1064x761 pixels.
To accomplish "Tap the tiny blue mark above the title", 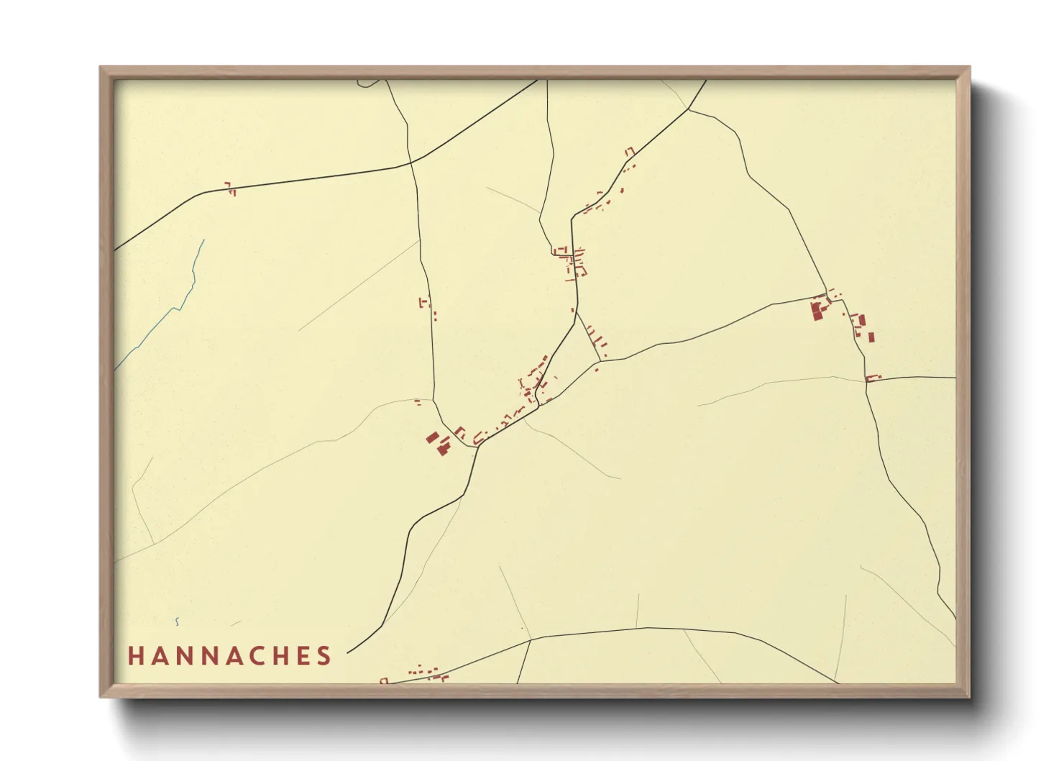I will click(177, 621).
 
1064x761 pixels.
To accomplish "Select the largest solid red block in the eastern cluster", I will click(817, 311).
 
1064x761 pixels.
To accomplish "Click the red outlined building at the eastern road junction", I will click(873, 378).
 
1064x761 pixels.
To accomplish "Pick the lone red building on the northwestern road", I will click(230, 189).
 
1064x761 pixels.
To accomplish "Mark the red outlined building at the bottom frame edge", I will click(384, 680).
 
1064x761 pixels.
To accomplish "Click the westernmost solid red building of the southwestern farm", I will click(432, 437).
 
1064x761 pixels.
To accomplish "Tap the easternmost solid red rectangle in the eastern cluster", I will click(871, 337).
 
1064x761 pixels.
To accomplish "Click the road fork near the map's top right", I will click(689, 109).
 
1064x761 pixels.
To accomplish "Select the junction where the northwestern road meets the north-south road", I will click(411, 163).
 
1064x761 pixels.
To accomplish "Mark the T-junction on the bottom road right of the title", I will click(530, 639).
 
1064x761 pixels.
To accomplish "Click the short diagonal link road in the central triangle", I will click(588, 336).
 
